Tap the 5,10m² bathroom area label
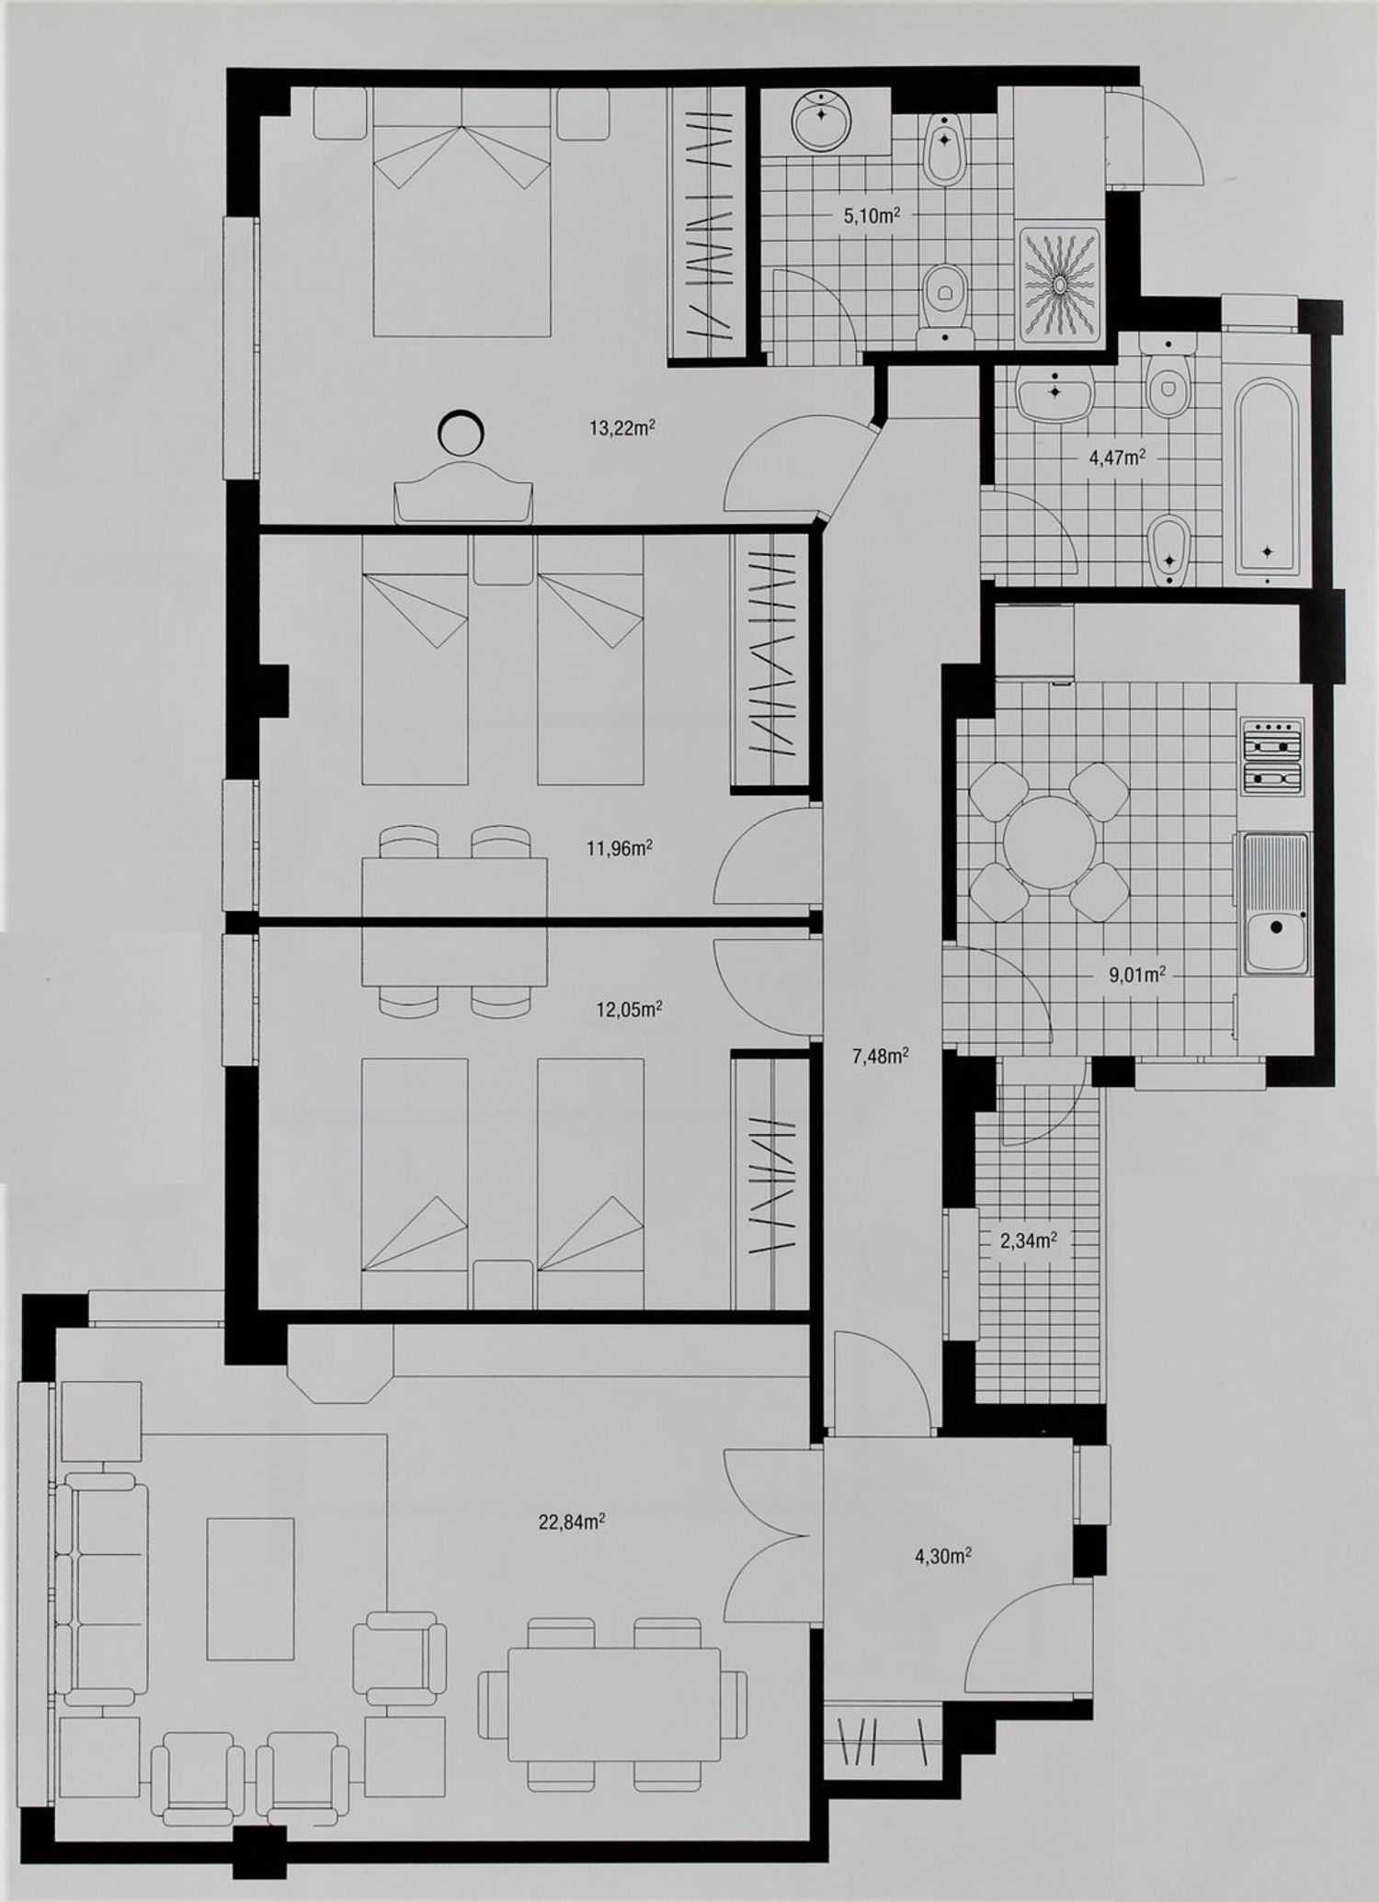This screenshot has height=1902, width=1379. point(872,216)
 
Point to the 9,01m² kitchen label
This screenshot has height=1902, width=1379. point(1137,975)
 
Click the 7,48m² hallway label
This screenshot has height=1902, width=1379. point(881,1056)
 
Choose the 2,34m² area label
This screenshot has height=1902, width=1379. point(1028,1241)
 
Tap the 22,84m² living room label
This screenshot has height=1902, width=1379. point(571,1522)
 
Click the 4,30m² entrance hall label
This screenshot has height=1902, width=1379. point(944,1556)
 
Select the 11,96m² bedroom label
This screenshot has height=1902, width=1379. point(620,848)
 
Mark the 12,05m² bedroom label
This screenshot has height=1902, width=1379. point(630,1010)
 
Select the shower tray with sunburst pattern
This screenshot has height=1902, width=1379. point(1059,285)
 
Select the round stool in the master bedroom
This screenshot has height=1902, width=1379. point(460,433)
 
